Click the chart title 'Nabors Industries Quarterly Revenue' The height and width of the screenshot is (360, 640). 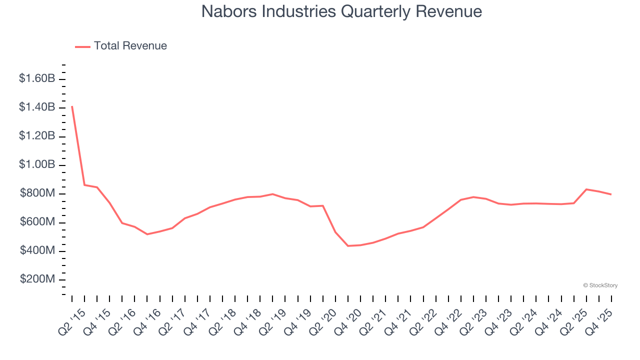pos(341,11)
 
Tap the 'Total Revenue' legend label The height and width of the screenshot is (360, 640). pos(130,46)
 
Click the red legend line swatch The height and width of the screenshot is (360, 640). pos(82,46)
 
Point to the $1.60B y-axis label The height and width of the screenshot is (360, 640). pos(37,78)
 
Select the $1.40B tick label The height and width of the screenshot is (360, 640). pos(37,107)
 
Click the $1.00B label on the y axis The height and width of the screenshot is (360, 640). pos(37,164)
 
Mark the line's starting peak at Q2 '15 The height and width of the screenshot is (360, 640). pos(72,106)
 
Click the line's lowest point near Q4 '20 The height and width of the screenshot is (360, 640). pos(348,246)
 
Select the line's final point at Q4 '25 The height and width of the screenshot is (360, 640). pos(611,194)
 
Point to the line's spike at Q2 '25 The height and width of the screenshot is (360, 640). pos(586,189)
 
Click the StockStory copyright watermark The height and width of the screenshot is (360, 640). pos(600,285)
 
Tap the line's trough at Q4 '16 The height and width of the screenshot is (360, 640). pos(147,234)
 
